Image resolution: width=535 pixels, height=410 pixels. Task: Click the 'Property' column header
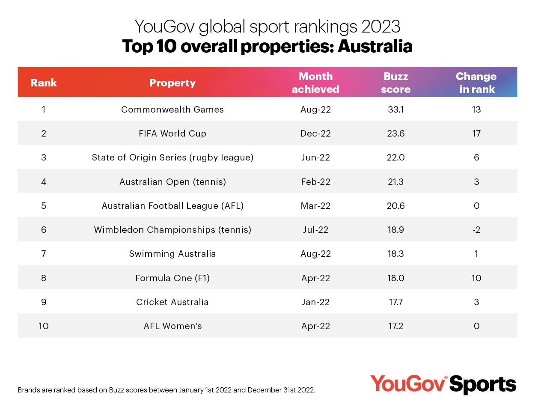click(x=172, y=83)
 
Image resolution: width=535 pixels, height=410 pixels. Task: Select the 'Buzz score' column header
click(x=395, y=83)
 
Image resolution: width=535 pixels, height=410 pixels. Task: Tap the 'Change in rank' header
click(x=476, y=83)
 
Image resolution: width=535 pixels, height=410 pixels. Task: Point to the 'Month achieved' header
click(x=315, y=83)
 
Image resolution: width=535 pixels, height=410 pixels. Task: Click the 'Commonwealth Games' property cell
click(x=172, y=110)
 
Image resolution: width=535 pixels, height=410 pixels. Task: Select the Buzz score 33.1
click(x=395, y=110)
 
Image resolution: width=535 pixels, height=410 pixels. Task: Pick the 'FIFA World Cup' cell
click(x=172, y=134)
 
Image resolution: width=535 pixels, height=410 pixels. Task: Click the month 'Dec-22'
click(x=315, y=134)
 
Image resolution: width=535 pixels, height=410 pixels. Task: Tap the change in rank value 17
click(x=476, y=134)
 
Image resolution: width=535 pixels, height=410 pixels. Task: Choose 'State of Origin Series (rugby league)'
click(x=172, y=157)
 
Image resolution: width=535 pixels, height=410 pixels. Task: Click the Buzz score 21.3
click(x=395, y=182)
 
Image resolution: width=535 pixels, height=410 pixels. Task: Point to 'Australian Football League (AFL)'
click(x=172, y=206)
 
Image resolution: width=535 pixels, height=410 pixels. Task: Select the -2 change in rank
click(x=476, y=230)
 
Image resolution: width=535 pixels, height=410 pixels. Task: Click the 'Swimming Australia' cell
click(x=172, y=254)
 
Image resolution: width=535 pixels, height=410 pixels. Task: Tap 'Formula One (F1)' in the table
click(x=172, y=278)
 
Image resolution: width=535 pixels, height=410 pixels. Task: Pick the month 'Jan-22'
click(x=315, y=302)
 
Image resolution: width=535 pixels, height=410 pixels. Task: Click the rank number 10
click(x=44, y=326)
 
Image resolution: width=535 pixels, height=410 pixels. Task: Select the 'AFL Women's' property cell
click(x=172, y=326)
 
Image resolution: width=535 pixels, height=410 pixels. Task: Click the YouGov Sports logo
click(x=443, y=384)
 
